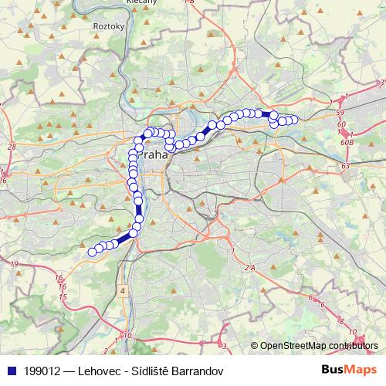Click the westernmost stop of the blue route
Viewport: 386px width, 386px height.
tap(92, 251)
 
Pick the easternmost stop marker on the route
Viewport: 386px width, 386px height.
tap(294, 120)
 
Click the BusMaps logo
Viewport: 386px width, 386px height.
tap(344, 371)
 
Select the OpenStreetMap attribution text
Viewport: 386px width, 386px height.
tap(317, 346)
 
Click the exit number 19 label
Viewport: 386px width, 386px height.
tap(14, 264)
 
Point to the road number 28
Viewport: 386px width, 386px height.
tap(11, 146)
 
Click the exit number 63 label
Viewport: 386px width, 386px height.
tap(345, 165)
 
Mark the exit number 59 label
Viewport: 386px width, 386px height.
tap(340, 114)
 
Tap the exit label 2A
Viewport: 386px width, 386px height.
tap(249, 267)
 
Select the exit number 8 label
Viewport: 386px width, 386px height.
tap(341, 319)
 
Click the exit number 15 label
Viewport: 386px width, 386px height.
tap(63, 296)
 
